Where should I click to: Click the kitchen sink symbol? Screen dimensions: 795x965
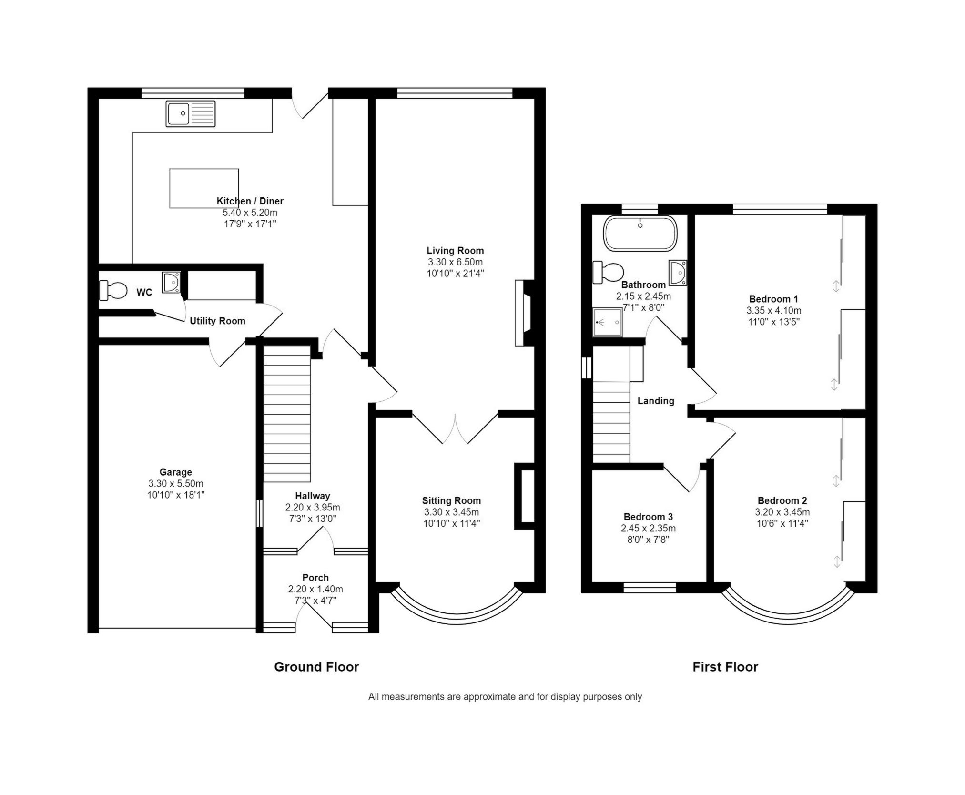pyautogui.click(x=191, y=113)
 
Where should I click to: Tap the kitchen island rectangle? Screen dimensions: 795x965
pyautogui.click(x=204, y=188)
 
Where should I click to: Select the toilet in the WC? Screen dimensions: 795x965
pyautogui.click(x=113, y=290)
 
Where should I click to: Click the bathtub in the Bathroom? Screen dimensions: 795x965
pyautogui.click(x=640, y=233)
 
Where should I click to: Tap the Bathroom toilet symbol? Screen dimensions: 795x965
pyautogui.click(x=608, y=273)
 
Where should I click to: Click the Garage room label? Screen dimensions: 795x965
pyautogui.click(x=175, y=472)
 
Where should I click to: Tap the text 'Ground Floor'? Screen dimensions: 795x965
pyautogui.click(x=316, y=667)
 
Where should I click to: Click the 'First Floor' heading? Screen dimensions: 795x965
pyautogui.click(x=725, y=667)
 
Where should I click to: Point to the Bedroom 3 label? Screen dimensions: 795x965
pyautogui.click(x=648, y=517)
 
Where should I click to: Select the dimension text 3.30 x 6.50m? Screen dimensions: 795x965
pyautogui.click(x=455, y=262)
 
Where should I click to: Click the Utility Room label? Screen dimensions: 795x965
pyautogui.click(x=217, y=321)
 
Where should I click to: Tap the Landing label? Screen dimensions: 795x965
pyautogui.click(x=656, y=401)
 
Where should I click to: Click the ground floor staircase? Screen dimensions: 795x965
pyautogui.click(x=287, y=414)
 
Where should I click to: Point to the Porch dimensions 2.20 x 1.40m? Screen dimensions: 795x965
pyautogui.click(x=315, y=589)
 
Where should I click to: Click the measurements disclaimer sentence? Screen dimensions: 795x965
pyautogui.click(x=505, y=697)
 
